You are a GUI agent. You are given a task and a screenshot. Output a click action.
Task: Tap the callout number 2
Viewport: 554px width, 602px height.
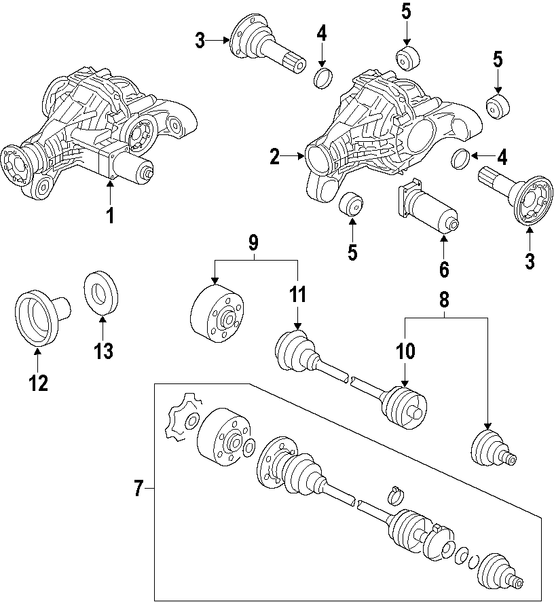tap(274, 157)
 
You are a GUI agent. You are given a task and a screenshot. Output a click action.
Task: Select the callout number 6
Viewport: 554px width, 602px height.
tap(444, 269)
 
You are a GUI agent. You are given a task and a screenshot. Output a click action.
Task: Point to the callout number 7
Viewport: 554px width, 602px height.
tap(138, 488)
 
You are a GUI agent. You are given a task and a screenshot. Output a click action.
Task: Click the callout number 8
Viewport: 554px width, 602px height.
tap(444, 299)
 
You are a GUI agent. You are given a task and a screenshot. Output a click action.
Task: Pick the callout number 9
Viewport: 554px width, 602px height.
tap(253, 242)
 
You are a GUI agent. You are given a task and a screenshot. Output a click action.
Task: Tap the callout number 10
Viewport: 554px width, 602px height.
tap(405, 352)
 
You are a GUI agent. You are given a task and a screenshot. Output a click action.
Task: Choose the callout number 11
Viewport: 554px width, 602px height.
tap(297, 295)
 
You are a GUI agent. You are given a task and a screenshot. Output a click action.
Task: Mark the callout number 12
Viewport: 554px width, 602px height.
tap(38, 383)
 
